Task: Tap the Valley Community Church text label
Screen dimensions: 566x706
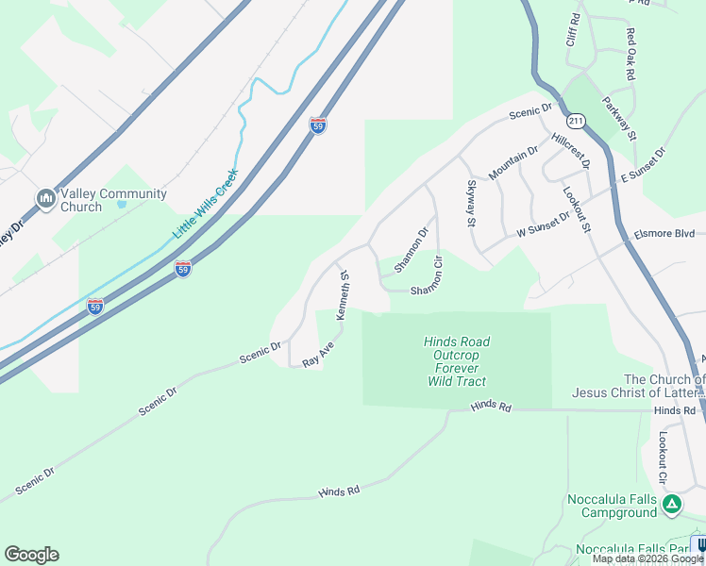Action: (113, 201)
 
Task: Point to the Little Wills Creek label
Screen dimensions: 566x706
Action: (205, 204)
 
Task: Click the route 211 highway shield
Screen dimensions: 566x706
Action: (576, 121)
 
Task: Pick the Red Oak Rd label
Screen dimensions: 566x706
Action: (630, 54)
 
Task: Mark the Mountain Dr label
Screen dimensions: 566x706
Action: (513, 164)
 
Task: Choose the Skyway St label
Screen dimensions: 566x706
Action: (470, 204)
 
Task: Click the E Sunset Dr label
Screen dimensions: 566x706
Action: (643, 166)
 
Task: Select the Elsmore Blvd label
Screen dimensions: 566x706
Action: (664, 233)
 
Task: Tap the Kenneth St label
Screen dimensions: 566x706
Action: (344, 296)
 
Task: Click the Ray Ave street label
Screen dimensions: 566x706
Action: (318, 354)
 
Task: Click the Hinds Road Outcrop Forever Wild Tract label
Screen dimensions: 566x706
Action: (456, 361)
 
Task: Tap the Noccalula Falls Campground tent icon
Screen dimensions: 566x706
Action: (671, 505)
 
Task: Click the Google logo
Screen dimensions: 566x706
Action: (31, 555)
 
